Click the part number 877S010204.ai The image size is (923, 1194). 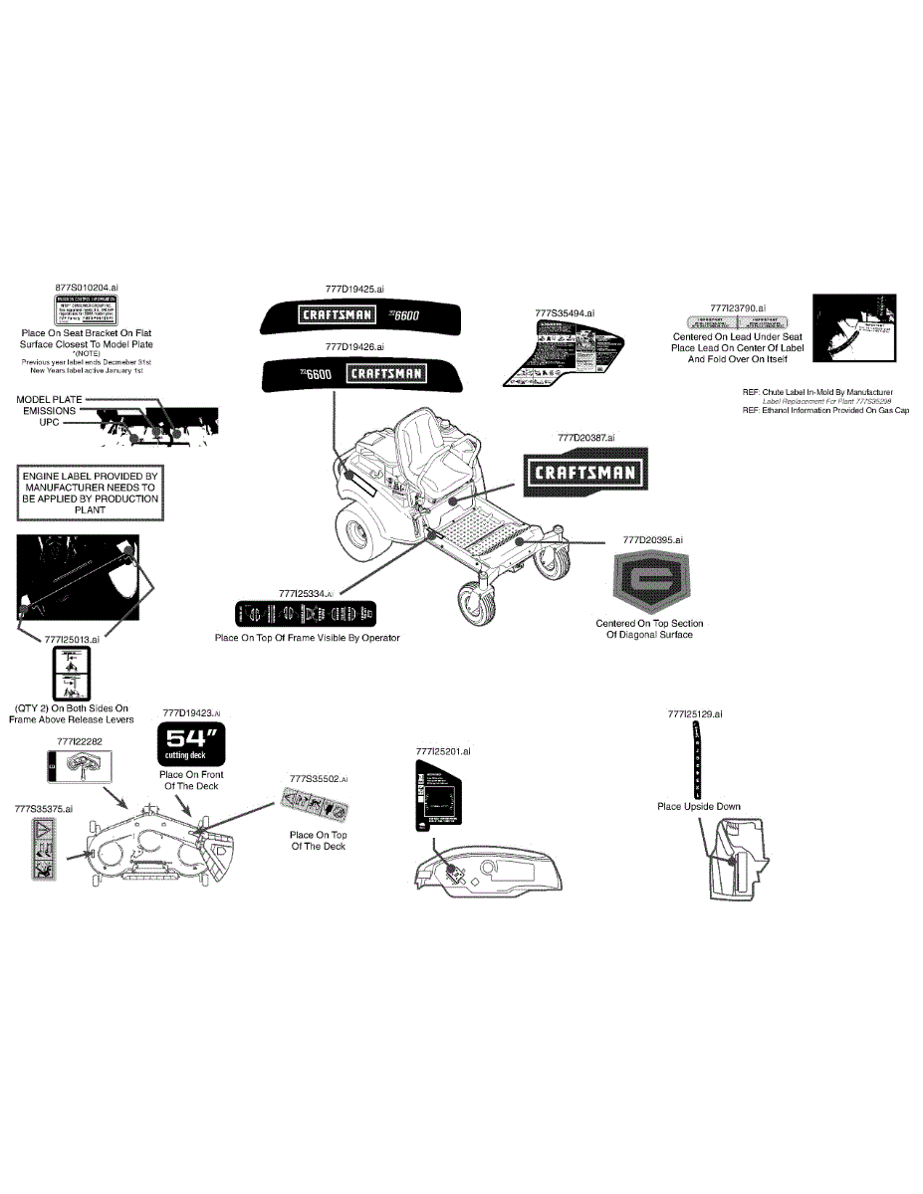point(87,287)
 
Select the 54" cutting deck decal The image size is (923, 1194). point(192,743)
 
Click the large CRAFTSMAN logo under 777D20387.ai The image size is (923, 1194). point(583,472)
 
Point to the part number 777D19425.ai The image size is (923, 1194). point(354,289)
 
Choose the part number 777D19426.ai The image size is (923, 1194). point(354,346)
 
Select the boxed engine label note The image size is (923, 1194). point(90,494)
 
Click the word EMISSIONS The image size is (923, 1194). point(49,410)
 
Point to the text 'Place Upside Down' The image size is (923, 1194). point(698,807)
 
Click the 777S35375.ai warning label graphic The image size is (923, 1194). point(43,850)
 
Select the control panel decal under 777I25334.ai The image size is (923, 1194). point(307,614)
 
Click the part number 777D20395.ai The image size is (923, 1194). point(653,539)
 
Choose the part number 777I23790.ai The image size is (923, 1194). point(738,308)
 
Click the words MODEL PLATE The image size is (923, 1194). point(49,399)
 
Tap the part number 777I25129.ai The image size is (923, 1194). point(695,713)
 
